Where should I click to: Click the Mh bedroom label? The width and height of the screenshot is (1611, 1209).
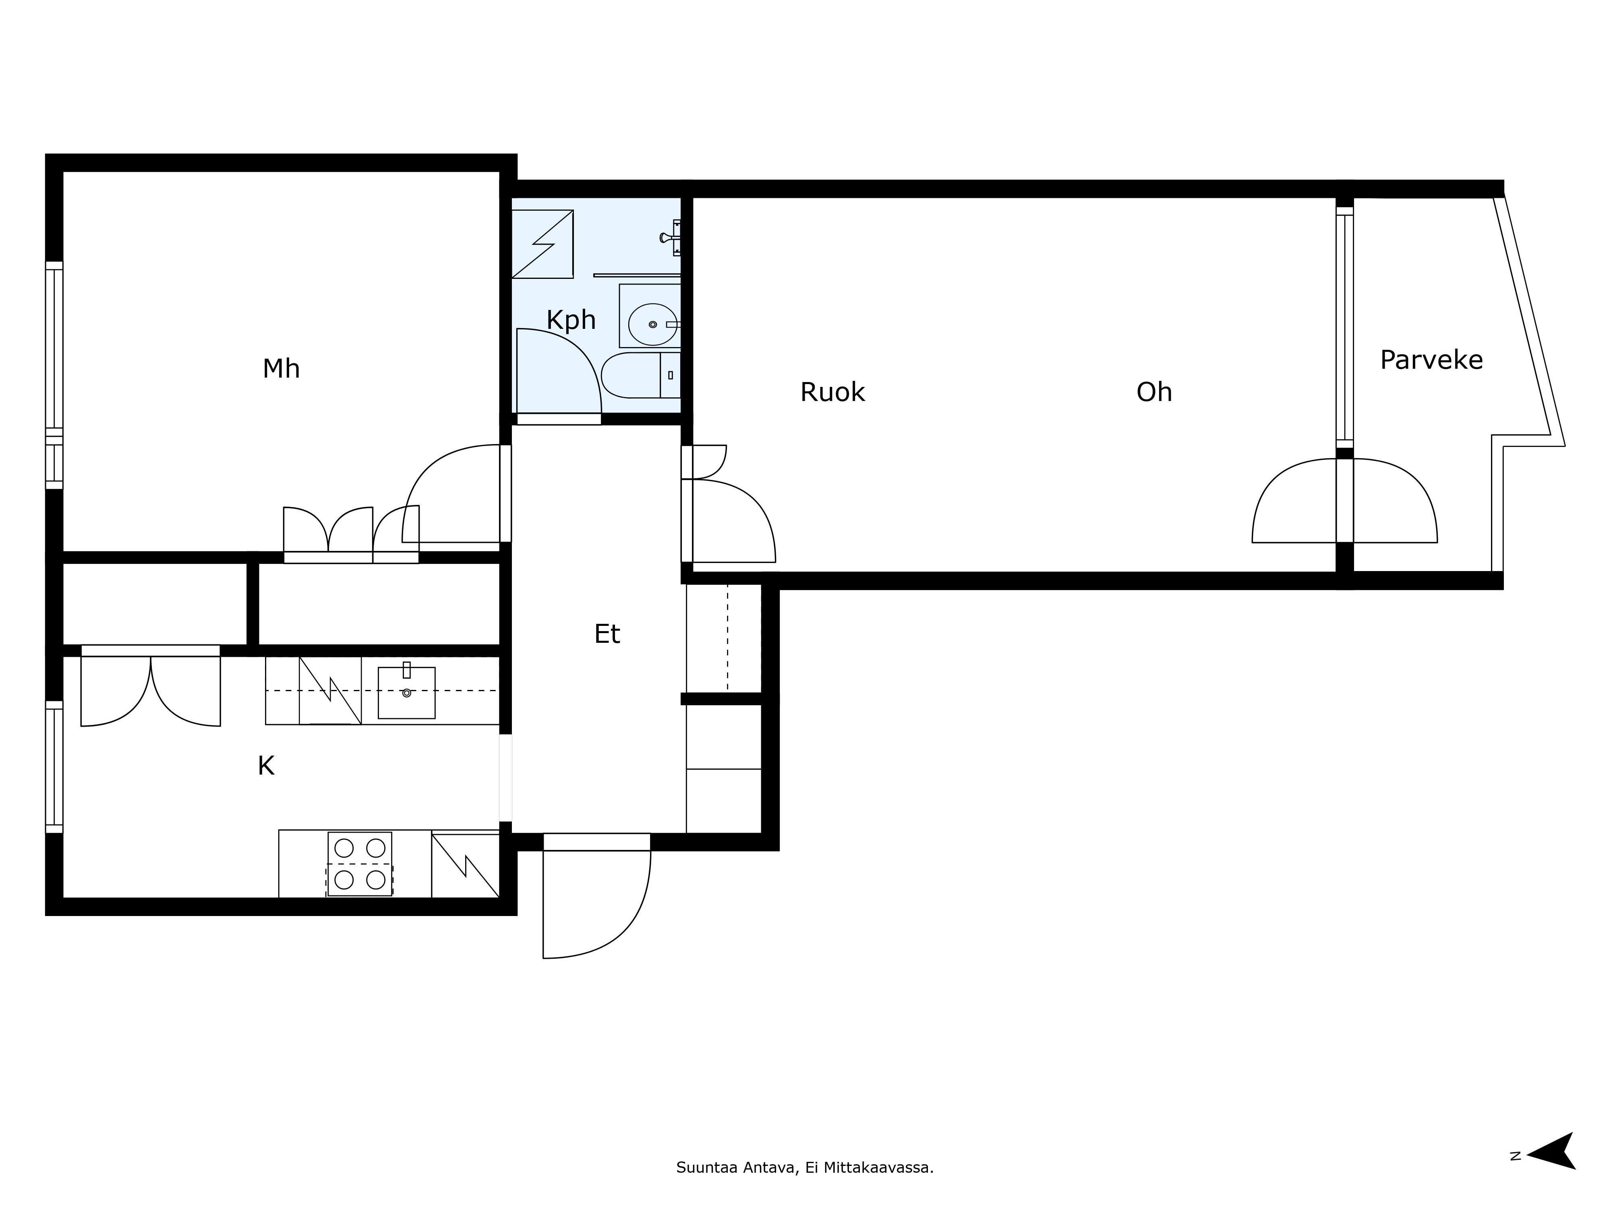[x=281, y=369]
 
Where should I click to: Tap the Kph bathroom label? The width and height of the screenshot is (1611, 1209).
[x=571, y=320]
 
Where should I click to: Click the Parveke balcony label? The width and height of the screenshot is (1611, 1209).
[x=1431, y=360]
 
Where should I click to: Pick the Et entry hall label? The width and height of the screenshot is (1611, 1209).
[x=607, y=634]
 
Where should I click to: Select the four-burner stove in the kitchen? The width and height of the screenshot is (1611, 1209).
[x=360, y=864]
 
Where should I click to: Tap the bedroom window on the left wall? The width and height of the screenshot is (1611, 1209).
[x=54, y=375]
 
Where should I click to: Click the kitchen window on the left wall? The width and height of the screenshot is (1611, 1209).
[x=54, y=767]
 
